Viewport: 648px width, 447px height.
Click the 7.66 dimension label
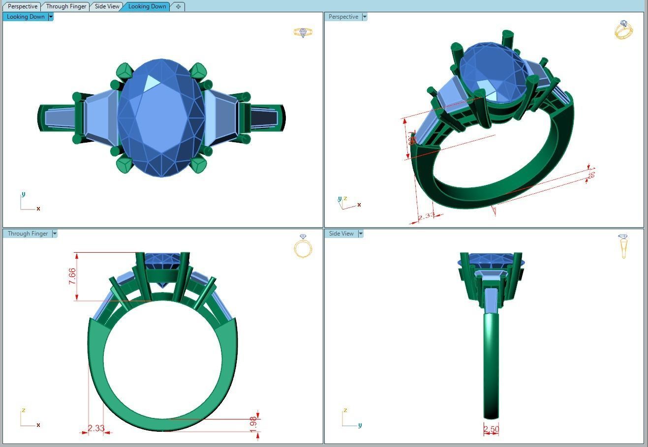(72, 276)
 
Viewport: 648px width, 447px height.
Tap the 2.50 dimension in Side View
(491, 429)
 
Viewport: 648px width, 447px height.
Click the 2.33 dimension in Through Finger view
(96, 428)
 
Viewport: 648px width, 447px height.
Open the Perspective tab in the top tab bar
(23, 6)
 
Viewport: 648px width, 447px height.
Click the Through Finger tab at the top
(66, 6)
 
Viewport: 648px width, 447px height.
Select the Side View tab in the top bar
(107, 6)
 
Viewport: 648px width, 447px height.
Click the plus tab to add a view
(178, 6)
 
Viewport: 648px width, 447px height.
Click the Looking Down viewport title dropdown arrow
(51, 17)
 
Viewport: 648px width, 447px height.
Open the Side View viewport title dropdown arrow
(361, 234)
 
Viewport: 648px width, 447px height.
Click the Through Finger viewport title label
(28, 234)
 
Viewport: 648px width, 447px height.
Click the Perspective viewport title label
(343, 17)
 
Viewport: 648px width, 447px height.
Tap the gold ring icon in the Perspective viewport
(623, 30)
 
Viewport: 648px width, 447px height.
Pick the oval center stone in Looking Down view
(161, 118)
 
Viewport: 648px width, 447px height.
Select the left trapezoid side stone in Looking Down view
(101, 118)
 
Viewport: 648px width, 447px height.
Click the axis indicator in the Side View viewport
(349, 419)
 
